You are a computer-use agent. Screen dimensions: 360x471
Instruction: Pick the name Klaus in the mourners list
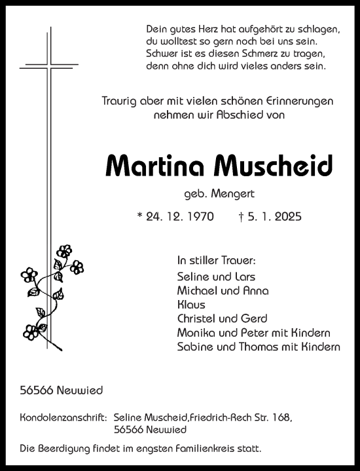tap(190, 305)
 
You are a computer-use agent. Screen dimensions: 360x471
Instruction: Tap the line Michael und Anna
tap(223, 290)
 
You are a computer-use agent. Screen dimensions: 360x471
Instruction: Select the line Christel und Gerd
tap(222, 319)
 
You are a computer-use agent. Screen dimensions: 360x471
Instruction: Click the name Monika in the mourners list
tap(196, 333)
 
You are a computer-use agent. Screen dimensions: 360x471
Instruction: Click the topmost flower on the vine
tap(64, 251)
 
